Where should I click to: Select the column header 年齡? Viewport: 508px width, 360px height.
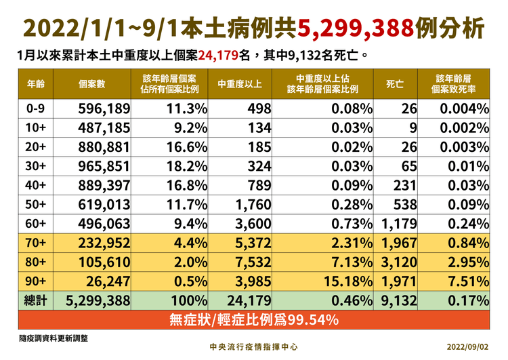37,85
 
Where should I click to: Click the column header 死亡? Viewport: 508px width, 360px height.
395,85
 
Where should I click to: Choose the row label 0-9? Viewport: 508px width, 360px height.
36,109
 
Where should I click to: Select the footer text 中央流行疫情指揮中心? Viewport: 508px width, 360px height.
254,346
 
